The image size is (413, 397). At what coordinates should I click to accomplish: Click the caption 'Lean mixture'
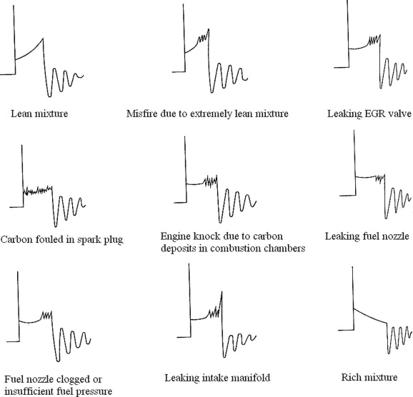click(39, 114)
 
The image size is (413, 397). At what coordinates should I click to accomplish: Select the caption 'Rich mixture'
click(369, 377)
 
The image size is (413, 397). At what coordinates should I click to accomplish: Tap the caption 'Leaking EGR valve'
click(369, 114)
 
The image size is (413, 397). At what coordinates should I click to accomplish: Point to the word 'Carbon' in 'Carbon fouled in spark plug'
click(16, 239)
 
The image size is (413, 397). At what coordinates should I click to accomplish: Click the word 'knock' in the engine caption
click(209, 236)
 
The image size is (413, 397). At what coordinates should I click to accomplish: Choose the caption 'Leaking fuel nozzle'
click(367, 236)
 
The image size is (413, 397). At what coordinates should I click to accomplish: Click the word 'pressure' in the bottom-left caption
click(94, 391)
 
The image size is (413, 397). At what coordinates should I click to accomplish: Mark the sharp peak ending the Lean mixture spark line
click(43, 39)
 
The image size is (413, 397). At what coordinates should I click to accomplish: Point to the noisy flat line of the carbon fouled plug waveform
click(38, 190)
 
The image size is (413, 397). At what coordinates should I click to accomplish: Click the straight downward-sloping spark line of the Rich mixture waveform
click(370, 316)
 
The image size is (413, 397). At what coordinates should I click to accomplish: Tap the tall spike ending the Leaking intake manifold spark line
click(222, 292)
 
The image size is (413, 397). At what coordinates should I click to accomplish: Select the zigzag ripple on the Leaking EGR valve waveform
click(374, 40)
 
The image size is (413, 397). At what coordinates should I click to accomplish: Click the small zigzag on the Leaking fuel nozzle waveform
click(380, 178)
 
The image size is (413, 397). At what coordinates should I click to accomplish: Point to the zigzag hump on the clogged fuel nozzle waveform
click(46, 315)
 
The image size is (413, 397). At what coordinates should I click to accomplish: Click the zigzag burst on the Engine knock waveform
click(211, 181)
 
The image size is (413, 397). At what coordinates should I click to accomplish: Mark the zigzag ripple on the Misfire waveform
click(204, 37)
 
